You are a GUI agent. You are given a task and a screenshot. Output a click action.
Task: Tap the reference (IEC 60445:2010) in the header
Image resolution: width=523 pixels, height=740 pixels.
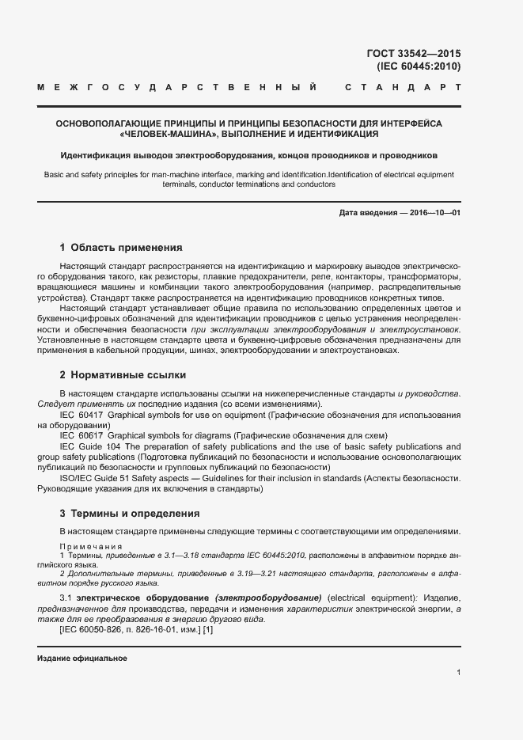419,66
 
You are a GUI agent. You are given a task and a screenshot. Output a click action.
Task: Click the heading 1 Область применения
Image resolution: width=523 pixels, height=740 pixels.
121,247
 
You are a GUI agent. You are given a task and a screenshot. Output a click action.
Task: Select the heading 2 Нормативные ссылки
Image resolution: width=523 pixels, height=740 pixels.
123,374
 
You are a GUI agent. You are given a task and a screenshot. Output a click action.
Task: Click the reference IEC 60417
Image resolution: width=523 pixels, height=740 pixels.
81,415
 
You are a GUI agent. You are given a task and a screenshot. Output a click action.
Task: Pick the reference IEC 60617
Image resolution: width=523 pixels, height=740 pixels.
81,435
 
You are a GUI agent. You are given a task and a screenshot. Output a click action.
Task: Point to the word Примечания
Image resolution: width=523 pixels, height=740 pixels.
91,547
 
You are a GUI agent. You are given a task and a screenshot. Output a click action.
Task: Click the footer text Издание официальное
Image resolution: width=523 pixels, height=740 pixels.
82,658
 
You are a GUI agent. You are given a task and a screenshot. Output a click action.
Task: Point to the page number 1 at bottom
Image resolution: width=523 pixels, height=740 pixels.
458,672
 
